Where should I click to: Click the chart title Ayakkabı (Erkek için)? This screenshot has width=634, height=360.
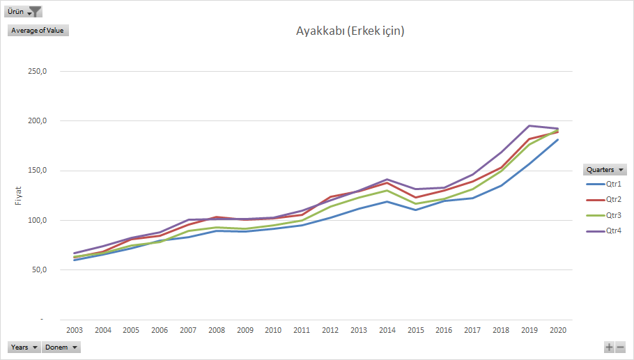(x=350, y=31)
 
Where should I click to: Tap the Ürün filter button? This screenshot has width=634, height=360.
(x=24, y=11)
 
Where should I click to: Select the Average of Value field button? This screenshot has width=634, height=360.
(x=38, y=30)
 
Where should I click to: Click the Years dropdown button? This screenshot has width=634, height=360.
(x=24, y=347)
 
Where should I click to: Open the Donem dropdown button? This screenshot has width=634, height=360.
(x=61, y=347)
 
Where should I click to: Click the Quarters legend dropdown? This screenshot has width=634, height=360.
(x=605, y=169)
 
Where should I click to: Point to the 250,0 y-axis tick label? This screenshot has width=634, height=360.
(x=37, y=72)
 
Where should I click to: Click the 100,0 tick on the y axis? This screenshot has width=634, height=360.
(x=37, y=221)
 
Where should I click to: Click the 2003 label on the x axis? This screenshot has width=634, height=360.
(x=75, y=330)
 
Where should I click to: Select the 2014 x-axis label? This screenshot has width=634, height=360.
(x=387, y=330)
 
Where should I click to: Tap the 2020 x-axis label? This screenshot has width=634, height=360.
(x=557, y=330)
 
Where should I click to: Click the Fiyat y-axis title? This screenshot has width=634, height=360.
(x=19, y=195)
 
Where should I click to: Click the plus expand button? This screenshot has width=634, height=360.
(x=609, y=347)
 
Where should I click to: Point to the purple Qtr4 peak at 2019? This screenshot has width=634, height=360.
(x=529, y=126)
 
